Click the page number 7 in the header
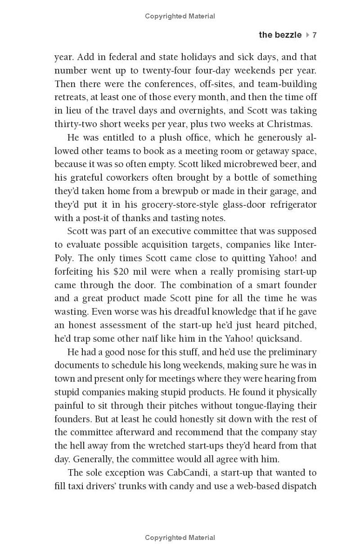tap(315, 35)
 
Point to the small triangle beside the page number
tap(307, 35)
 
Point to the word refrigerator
tap(291, 204)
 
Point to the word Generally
tap(94, 459)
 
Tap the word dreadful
tap(167, 312)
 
